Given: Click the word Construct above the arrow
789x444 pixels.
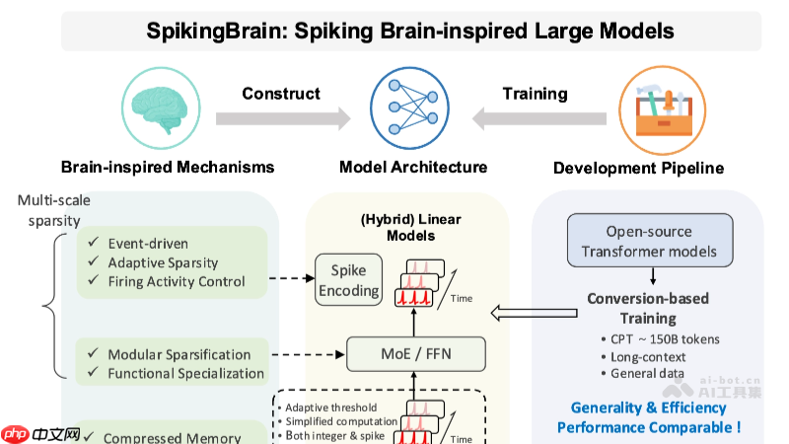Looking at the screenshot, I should click(x=281, y=94).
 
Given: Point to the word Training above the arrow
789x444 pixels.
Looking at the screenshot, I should click(x=535, y=94).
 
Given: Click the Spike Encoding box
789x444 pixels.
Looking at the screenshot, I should click(x=348, y=280).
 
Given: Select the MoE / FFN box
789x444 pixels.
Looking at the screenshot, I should click(x=415, y=352).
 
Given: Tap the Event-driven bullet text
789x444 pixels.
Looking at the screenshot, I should click(x=148, y=244).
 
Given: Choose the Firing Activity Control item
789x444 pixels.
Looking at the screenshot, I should click(x=176, y=281).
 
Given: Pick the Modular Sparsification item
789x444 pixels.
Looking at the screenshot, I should click(x=179, y=354).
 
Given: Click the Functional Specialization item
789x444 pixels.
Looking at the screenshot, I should click(x=185, y=373).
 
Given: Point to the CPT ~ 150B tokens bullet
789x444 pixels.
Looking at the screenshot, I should click(x=665, y=338).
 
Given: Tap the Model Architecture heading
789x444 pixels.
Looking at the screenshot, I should click(x=413, y=167).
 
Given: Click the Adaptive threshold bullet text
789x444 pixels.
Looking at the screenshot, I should click(x=333, y=407).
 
